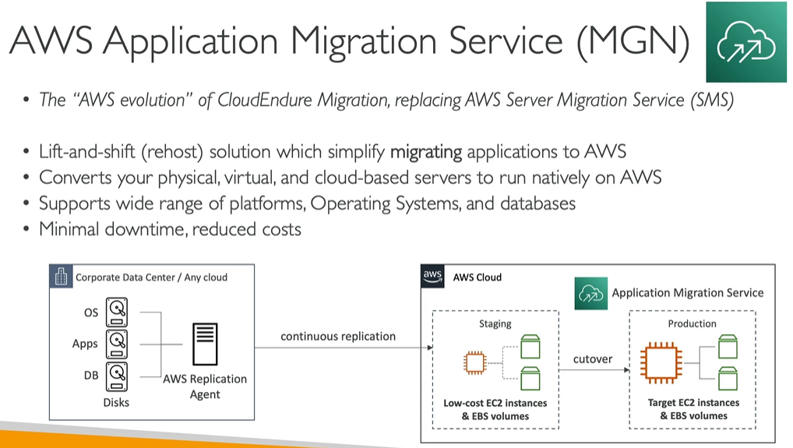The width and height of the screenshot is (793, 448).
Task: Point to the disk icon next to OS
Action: (x=117, y=312)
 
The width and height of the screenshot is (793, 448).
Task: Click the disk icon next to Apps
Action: (x=117, y=342)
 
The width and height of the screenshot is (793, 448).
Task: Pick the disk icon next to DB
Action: (x=117, y=373)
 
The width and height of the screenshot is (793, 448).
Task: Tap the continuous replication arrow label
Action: (x=338, y=336)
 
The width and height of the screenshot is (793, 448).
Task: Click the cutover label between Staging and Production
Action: (x=593, y=358)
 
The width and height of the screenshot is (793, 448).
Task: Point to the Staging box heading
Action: (x=495, y=323)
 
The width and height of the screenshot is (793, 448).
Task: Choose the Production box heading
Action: (x=692, y=323)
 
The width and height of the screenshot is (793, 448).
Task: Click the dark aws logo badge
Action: (x=432, y=276)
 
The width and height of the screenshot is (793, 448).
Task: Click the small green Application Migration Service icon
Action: (x=590, y=293)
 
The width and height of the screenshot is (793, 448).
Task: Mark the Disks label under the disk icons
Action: (x=117, y=402)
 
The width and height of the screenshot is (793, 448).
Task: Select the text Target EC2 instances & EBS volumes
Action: (x=693, y=409)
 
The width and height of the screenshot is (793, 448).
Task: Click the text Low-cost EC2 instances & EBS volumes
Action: (x=495, y=409)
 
